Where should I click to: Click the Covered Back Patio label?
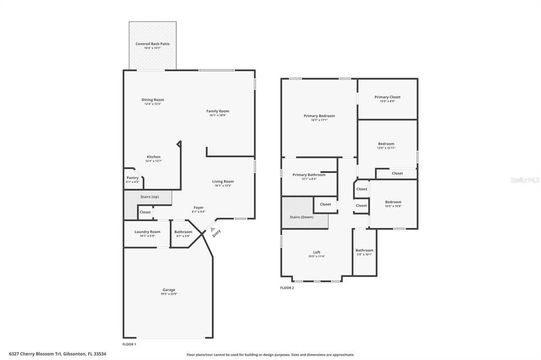(x=152, y=44)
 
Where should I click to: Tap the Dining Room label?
(x=152, y=100)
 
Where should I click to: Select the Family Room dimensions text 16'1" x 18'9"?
(x=217, y=115)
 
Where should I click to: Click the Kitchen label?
(x=153, y=157)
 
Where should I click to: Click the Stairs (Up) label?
(x=150, y=197)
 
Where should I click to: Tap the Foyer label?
(x=198, y=207)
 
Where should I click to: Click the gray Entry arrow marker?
(x=212, y=230)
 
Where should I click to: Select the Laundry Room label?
(x=147, y=232)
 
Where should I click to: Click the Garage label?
(x=169, y=290)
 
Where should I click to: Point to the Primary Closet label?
(x=387, y=97)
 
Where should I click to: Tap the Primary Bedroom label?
(x=319, y=116)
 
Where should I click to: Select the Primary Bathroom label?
(x=309, y=175)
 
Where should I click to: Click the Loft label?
(x=316, y=252)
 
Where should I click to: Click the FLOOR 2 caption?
(x=287, y=288)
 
